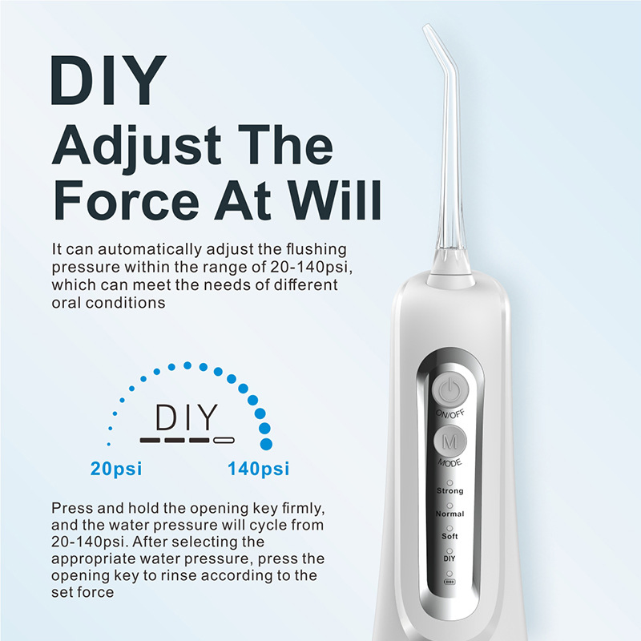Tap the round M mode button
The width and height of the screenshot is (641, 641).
point(450,441)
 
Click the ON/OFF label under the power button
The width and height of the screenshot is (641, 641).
point(450,414)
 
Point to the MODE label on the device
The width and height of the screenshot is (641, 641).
point(450,464)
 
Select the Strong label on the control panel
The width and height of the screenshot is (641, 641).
point(450,490)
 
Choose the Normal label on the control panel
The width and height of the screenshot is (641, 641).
point(450,513)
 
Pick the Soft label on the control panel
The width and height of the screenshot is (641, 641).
point(450,535)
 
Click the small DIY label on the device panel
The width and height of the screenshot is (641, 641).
point(450,557)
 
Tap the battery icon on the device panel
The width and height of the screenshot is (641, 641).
point(450,583)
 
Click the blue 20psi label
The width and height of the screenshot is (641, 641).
point(115,469)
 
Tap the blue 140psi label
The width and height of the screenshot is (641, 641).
point(259,469)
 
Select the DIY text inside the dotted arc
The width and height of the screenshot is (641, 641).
point(187,417)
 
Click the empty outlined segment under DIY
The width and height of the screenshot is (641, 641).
point(224,440)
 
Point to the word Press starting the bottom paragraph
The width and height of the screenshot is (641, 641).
point(71,509)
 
